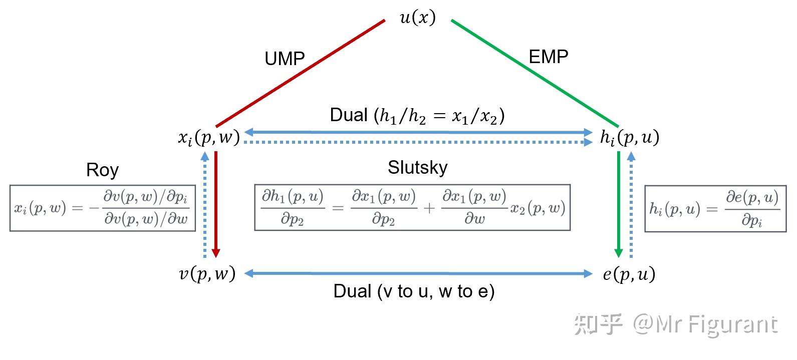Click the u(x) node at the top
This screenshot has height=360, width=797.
coord(417,18)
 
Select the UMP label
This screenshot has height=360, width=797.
coord(285,59)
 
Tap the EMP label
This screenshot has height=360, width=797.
coord(549,57)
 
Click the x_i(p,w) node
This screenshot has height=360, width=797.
coord(208,137)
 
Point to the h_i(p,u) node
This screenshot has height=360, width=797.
coord(629,137)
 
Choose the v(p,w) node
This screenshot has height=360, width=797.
coord(207,273)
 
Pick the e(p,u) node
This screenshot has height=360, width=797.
coord(629,274)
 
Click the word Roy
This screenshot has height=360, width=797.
coord(102,170)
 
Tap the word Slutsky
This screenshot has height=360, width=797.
coord(417,167)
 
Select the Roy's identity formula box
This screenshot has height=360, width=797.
coord(103,208)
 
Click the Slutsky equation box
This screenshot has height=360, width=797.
coord(412,207)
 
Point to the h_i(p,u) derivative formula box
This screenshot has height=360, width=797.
coord(715,208)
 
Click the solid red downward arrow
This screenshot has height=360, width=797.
coord(216,203)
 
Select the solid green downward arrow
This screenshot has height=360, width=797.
coord(619,203)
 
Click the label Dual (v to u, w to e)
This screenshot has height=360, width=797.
coord(414,291)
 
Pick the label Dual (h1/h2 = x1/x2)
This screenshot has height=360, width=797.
coord(417,116)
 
